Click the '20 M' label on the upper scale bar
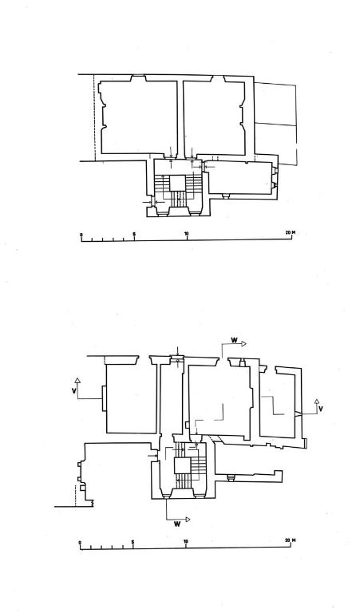pos(290,233)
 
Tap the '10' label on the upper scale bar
pos(187,234)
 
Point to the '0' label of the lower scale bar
pos(80,542)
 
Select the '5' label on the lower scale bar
pos(133,542)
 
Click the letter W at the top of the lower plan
pos(234,340)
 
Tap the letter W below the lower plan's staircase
pos(177,524)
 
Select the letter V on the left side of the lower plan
pos(74,390)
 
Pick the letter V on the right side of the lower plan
pos(321,409)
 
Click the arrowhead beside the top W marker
pos(243,344)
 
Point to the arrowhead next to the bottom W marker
pos(188,520)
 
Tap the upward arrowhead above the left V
pos(77,380)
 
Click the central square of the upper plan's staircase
pos(177,183)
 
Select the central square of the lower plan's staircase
pos(181,465)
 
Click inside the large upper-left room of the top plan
pos(139,117)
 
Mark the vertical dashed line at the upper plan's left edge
pos(94,117)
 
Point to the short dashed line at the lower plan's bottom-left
pos(75,496)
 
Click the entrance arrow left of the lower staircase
pos(152,456)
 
